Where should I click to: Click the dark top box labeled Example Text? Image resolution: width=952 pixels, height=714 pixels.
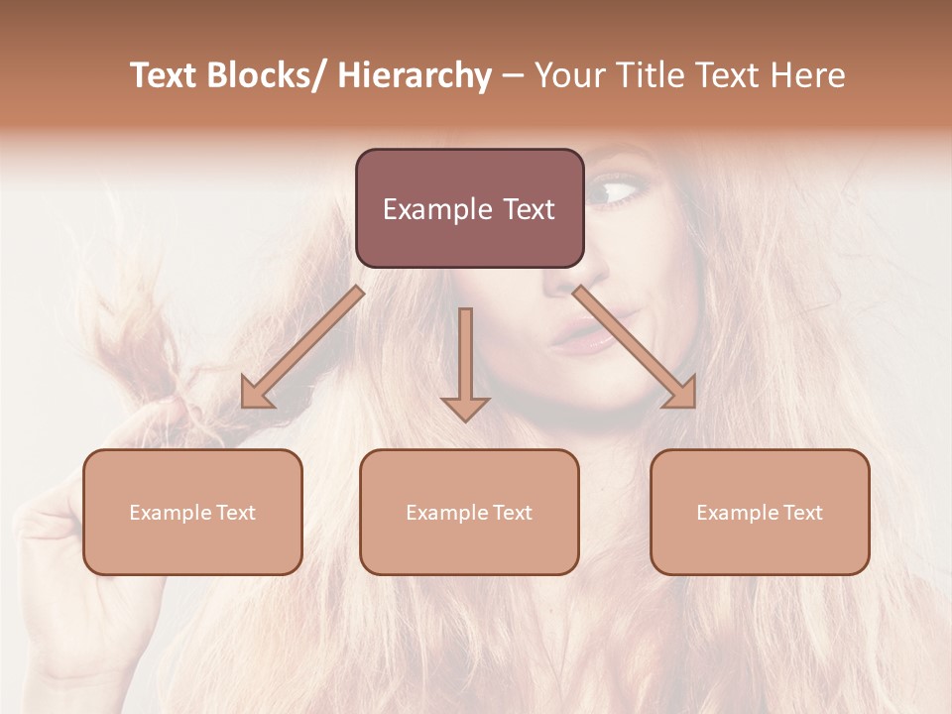pos(469,208)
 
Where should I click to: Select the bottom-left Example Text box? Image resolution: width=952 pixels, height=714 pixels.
pos(192,512)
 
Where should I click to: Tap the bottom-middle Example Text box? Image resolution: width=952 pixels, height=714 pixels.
pos(469,512)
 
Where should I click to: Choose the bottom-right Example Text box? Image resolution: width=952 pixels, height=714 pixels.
pos(760,512)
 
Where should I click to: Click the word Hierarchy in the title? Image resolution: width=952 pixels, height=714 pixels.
pos(415,75)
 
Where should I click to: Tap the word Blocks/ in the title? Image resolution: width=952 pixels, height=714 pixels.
pos(269,75)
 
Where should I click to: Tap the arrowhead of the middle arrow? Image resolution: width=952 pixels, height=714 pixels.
pos(466,408)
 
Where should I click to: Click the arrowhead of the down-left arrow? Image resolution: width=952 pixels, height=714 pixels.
pos(256,394)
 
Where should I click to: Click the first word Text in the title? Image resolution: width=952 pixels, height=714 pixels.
pos(164,75)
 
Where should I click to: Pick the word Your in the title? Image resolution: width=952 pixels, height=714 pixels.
pos(566,75)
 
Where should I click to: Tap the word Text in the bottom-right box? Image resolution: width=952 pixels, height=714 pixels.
pos(802,512)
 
